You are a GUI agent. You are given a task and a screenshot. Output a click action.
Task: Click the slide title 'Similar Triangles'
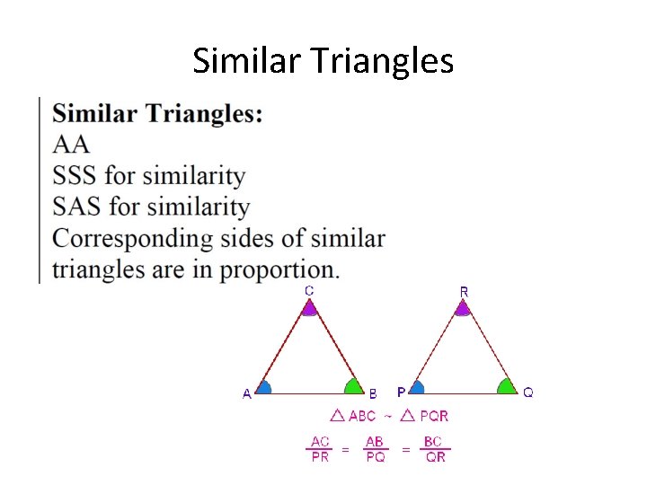coord(323,61)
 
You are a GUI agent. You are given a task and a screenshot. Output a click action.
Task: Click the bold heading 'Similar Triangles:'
coord(158,114)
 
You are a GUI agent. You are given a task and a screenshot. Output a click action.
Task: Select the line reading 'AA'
coord(71,144)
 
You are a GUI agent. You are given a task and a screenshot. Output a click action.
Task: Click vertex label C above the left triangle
coord(309,290)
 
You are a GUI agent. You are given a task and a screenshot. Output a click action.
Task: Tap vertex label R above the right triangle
coord(464,291)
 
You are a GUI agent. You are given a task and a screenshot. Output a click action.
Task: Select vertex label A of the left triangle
coord(246,393)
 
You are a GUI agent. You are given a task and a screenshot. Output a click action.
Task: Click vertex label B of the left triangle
coord(373,393)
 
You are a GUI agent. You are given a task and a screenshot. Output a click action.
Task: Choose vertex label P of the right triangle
coord(401,392)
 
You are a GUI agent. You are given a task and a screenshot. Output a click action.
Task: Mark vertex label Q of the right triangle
coord(528,392)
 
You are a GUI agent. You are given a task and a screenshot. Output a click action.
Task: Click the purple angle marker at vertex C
coord(309,309)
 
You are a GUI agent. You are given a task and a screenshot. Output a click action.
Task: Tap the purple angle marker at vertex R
coord(462,309)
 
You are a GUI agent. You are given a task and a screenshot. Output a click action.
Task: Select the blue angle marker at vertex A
coord(264,388)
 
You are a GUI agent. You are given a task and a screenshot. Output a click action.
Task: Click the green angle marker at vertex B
coord(352,387)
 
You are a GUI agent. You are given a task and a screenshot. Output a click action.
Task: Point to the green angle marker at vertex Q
coord(507,387)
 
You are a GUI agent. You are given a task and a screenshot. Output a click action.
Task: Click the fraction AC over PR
coord(320,449)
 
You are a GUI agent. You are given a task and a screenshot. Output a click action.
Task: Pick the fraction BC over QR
coord(435,449)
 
